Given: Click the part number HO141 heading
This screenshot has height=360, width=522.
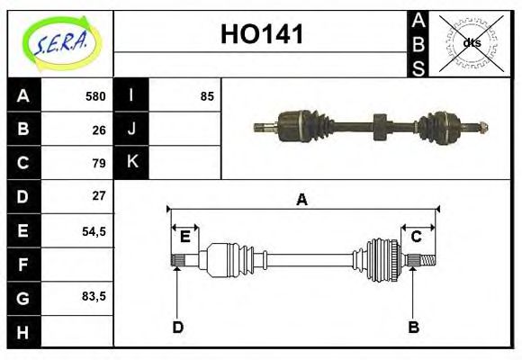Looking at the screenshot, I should [x=262, y=35].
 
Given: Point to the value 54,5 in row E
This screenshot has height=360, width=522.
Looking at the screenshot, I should [x=94, y=230].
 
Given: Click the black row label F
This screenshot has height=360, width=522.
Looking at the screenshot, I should [x=23, y=265].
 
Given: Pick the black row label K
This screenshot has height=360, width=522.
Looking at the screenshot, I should [x=131, y=162].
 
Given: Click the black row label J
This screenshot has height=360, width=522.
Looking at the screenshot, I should [x=131, y=129].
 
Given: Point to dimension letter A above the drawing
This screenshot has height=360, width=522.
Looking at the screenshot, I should [x=301, y=200].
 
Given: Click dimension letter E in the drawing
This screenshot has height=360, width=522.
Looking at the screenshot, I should [x=184, y=237].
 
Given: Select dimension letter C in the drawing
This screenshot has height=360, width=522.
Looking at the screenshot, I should [x=417, y=237].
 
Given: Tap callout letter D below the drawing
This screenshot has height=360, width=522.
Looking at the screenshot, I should [x=177, y=327].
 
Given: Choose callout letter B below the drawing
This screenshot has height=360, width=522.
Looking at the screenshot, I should [x=413, y=327].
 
